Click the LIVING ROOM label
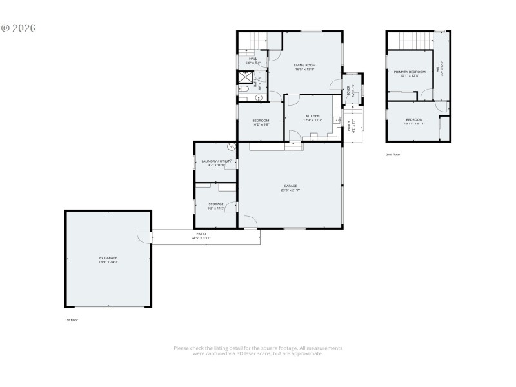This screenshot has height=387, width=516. [304, 65]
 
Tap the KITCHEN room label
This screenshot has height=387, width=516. [312, 116]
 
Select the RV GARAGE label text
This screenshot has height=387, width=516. [108, 257]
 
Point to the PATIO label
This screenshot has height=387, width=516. [201, 233]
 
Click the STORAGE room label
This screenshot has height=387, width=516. [215, 204]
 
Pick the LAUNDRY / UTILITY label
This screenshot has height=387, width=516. [215, 161]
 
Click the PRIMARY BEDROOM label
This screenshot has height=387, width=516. [410, 72]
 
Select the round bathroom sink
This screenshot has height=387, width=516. [259, 98]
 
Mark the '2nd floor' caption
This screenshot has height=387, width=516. [393, 155]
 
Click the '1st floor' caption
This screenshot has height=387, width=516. [72, 319]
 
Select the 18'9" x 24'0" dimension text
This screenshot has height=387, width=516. [108, 262]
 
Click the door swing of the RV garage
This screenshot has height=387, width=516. [143, 237]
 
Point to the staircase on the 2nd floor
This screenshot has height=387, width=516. [410, 40]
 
